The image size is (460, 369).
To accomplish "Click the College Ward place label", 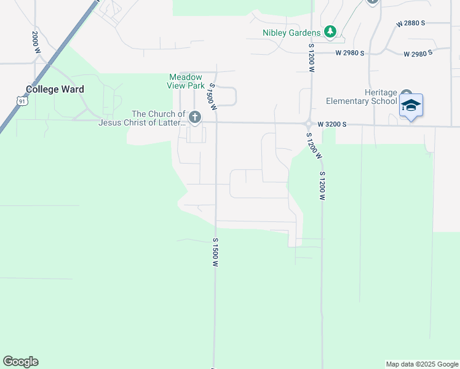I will pyautogui.click(x=55, y=89).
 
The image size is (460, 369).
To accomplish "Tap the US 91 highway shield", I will pyautogui.click(x=22, y=100).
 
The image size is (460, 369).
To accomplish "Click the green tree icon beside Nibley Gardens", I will pyautogui.click(x=330, y=31).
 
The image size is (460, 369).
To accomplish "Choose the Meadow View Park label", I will pyautogui.click(x=185, y=81).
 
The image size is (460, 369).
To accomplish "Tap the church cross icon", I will pyautogui.click(x=195, y=117).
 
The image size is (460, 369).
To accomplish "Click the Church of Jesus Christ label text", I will pyautogui.click(x=141, y=118).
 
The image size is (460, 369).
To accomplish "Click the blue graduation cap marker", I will pyautogui.click(x=410, y=105).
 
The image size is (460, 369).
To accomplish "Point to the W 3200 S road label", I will pyautogui.click(x=332, y=124).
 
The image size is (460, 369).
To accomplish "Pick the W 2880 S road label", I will pyautogui.click(x=411, y=23).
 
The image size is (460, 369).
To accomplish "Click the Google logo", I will pyautogui.click(x=20, y=362).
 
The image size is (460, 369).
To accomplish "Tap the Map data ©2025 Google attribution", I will pyautogui.click(x=421, y=364).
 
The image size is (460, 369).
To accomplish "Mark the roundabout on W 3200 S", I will pyautogui.click(x=308, y=124).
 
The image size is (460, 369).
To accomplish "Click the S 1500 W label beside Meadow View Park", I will pyautogui.click(x=213, y=97).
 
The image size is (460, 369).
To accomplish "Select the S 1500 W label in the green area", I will pyautogui.click(x=215, y=252).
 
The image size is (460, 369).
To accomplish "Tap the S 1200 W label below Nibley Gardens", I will pyautogui.click(x=311, y=58).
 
